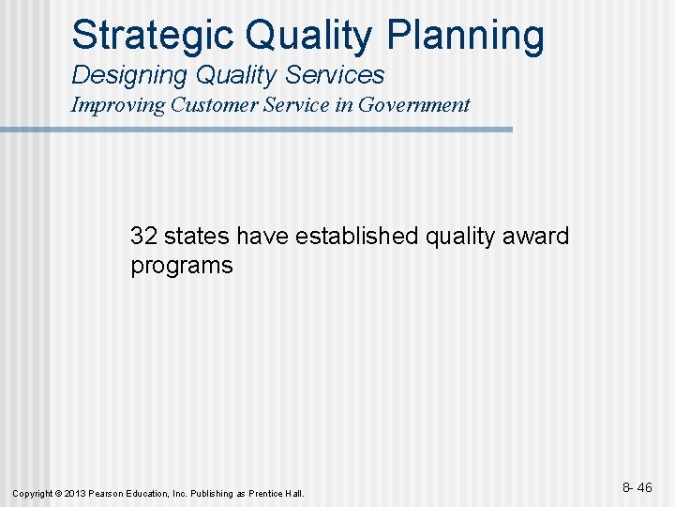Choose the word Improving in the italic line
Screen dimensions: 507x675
[119, 105]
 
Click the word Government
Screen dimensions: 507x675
[416, 105]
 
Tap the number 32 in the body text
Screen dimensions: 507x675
[143, 236]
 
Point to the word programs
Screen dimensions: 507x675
[181, 266]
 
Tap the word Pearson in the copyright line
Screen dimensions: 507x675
[106, 493]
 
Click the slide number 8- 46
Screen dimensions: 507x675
[637, 488]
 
